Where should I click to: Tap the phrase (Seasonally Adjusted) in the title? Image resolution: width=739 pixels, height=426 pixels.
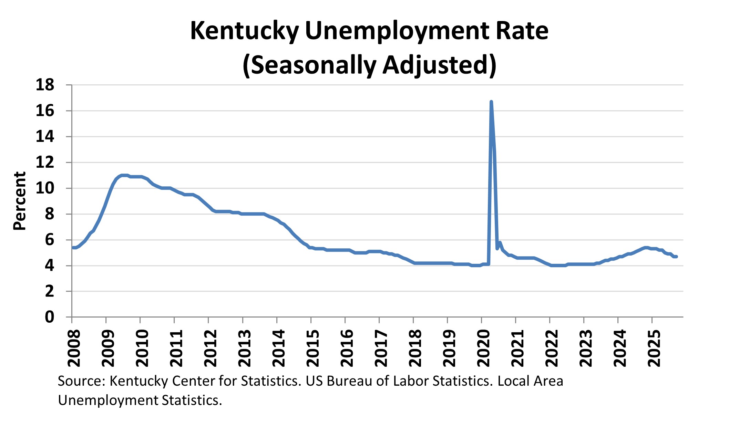tap(369, 65)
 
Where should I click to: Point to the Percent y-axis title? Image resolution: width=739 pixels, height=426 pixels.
tap(20, 201)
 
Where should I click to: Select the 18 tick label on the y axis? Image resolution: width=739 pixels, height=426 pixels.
tap(45, 85)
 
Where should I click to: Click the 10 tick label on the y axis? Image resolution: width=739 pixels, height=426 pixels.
tap(45, 188)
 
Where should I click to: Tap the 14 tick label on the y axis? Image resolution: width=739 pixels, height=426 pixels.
tap(45, 137)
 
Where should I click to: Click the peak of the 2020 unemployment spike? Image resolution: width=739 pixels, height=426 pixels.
tap(491, 102)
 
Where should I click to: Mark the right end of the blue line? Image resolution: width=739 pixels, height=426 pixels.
tap(676, 257)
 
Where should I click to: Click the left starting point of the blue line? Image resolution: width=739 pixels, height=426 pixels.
tap(73, 248)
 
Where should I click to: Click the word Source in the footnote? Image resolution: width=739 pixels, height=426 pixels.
tap(81, 381)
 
